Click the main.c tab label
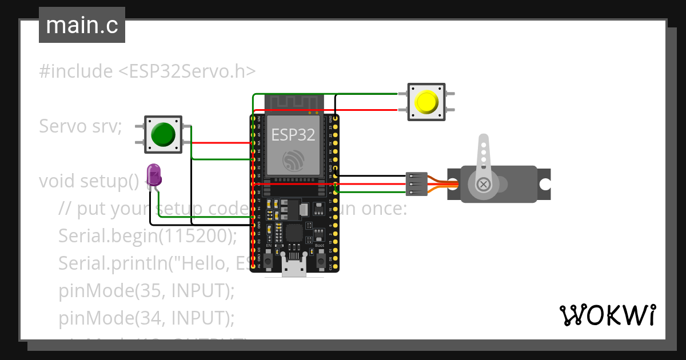click(82, 25)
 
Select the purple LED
click(154, 174)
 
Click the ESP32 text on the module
click(293, 135)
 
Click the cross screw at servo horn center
click(484, 184)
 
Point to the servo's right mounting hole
click(545, 184)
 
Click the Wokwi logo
click(607, 315)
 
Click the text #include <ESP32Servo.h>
click(147, 71)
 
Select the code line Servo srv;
click(81, 126)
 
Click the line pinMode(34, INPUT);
click(146, 317)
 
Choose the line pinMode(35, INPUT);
click(146, 290)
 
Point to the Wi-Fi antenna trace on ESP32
click(294, 102)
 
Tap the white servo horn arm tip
click(484, 139)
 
